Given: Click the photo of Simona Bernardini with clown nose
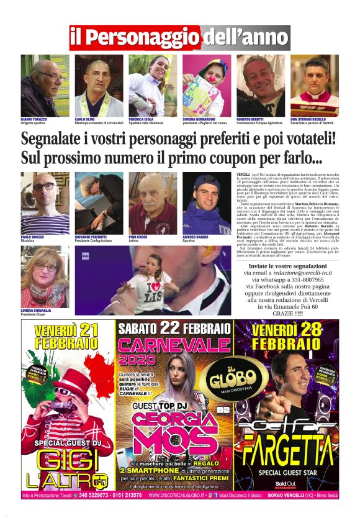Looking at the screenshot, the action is [206, 85].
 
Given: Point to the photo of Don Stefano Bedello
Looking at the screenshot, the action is [314, 85].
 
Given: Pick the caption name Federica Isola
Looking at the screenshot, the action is [142, 118].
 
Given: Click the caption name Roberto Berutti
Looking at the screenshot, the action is [249, 118].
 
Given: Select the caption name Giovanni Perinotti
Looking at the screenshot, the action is [91, 237].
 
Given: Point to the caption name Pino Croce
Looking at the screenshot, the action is [137, 237].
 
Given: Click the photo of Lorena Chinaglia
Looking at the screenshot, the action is [45, 267].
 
